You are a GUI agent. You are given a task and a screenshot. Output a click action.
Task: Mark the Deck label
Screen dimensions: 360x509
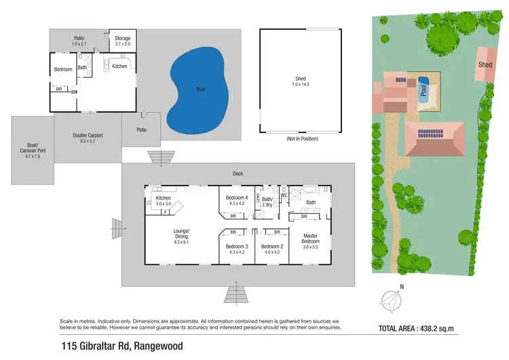(x=238, y=174)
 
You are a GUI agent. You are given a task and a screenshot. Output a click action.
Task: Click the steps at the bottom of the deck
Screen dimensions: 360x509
(x=235, y=295)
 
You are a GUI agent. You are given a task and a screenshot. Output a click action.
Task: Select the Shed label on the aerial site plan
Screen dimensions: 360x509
(x=485, y=65)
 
